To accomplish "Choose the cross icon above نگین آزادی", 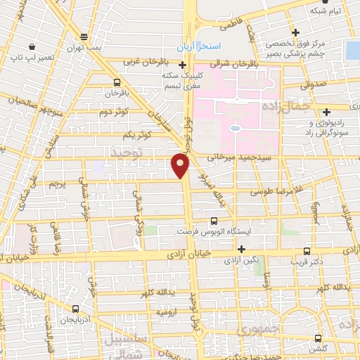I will click(241, 249).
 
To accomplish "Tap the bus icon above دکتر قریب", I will click(307, 250).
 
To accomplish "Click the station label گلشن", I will click(320, 348).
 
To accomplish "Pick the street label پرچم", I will click(58, 184).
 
